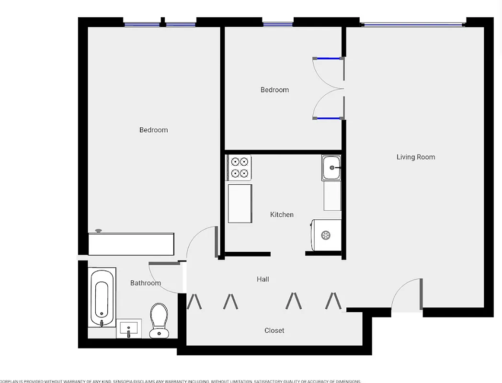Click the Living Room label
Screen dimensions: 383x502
415,157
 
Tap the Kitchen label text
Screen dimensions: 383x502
282,214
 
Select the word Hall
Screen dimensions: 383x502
262,279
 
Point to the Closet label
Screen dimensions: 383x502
274,330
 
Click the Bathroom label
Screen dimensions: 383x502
146,283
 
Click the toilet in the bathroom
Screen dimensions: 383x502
159,320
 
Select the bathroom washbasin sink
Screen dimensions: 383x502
129,329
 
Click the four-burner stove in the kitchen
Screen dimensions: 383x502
239,167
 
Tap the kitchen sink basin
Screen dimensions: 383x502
331,168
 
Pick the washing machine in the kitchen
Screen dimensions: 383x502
326,235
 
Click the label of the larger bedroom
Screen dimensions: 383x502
153,130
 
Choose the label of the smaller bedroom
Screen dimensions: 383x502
274,90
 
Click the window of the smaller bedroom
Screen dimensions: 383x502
278,23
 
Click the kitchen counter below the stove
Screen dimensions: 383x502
240,203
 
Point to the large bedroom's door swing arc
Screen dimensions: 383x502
201,242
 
